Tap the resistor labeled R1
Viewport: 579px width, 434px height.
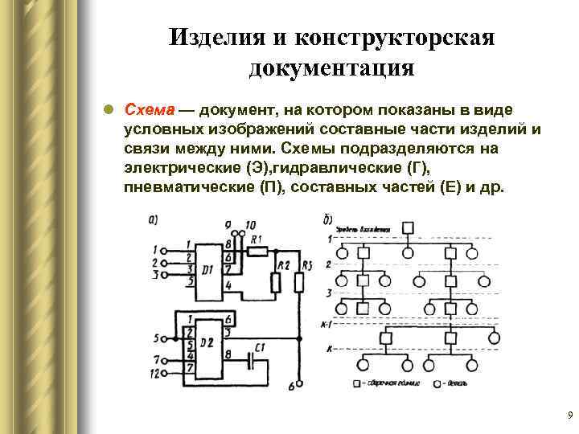[x=257, y=251]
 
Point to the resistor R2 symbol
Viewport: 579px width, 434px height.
[x=276, y=282]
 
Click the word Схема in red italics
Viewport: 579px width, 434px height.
[x=149, y=109]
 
